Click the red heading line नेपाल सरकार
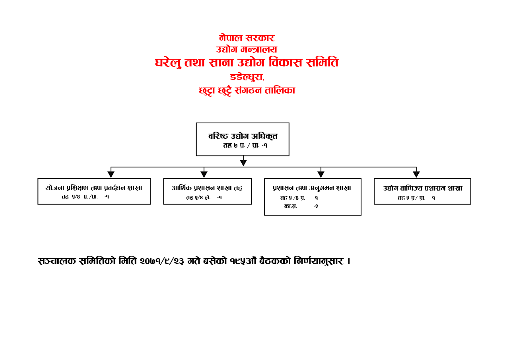[247, 38]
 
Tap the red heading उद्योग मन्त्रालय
[247, 49]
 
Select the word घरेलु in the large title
[168, 62]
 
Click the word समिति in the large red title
[322, 62]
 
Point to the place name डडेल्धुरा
[247, 77]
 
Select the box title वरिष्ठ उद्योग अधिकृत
[243, 136]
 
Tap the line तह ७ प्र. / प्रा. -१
[245, 145]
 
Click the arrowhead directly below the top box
[243, 163]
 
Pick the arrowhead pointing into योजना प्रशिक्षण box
[111, 174]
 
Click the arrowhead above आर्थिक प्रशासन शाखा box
[204, 174]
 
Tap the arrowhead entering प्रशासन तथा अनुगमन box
[321, 174]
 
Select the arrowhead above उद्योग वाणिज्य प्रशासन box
[416, 174]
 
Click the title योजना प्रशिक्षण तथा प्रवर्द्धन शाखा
[93, 188]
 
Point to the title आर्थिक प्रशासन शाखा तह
[207, 188]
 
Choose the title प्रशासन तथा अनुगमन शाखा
[312, 188]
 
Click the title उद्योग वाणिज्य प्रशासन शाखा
[423, 189]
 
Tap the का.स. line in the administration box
[301, 206]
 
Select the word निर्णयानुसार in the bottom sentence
[319, 261]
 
